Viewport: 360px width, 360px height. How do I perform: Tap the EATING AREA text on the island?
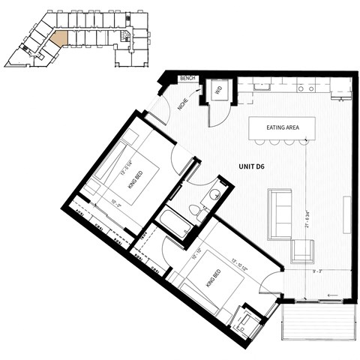tap(282, 127)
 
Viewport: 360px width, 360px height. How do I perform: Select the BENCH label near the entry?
tap(187, 78)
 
